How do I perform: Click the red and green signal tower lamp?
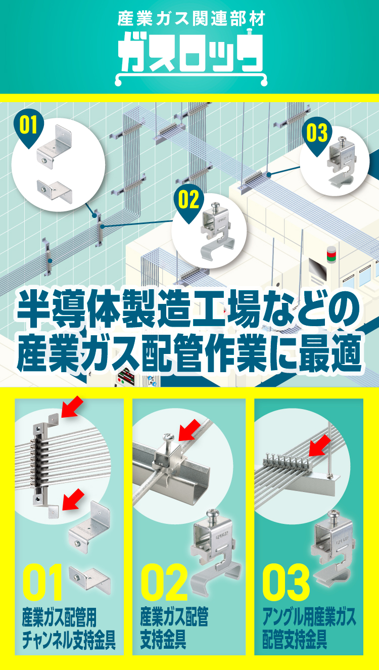tap(331, 254)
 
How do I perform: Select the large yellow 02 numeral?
tap(164, 582)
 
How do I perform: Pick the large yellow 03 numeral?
tap(286, 582)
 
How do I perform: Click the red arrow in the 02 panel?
tap(189, 430)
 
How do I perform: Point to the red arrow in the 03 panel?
tap(320, 445)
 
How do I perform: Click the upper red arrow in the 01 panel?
tap(72, 407)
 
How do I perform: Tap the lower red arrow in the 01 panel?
tap(73, 500)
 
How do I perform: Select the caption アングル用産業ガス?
tap(309, 617)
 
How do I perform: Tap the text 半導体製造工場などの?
tap(189, 308)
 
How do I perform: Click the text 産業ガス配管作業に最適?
tap(189, 353)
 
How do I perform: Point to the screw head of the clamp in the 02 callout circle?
tap(215, 206)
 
